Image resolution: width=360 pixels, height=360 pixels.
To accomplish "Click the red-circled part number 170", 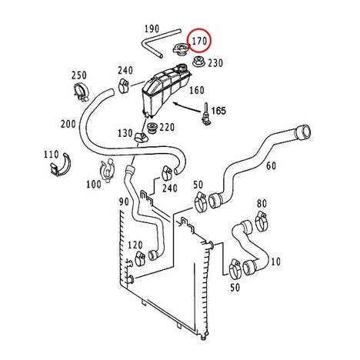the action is tap(199, 41).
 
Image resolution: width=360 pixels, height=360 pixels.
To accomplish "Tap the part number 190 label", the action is tap(152, 28).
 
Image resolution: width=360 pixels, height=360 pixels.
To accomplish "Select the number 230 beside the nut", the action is tap(215, 63).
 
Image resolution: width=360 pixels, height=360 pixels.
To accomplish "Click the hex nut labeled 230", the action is tap(198, 62).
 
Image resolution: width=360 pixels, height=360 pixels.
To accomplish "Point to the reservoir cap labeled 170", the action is tap(181, 49).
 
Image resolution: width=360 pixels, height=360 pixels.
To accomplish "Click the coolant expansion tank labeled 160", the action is tap(165, 91).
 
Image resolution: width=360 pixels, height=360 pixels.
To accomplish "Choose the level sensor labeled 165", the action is tap(206, 115).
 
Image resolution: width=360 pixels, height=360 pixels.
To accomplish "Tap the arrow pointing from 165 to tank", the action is tap(187, 107).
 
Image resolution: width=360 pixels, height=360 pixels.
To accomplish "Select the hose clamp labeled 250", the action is tap(81, 92).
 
